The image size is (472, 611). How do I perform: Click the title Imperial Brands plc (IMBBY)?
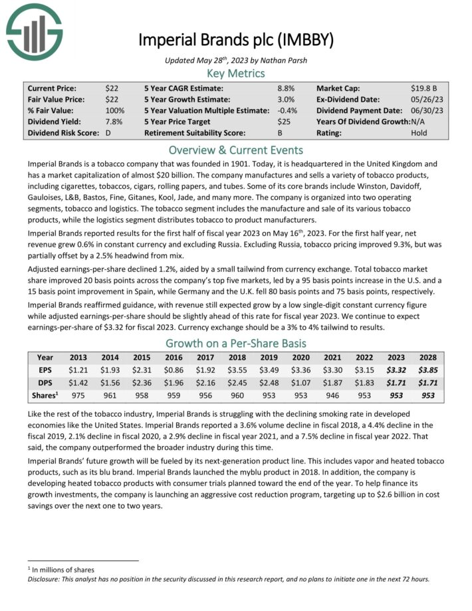click(x=235, y=39)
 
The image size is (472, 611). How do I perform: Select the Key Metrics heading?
click(x=235, y=73)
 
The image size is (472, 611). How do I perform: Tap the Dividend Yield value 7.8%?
click(x=114, y=122)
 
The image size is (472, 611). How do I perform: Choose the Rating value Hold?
click(x=419, y=133)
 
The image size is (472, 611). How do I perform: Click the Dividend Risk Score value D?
click(x=108, y=133)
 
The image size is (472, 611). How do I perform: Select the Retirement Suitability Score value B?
click(x=280, y=133)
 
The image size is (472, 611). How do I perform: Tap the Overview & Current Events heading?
click(x=235, y=150)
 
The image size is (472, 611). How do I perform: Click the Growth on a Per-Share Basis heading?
click(x=235, y=343)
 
